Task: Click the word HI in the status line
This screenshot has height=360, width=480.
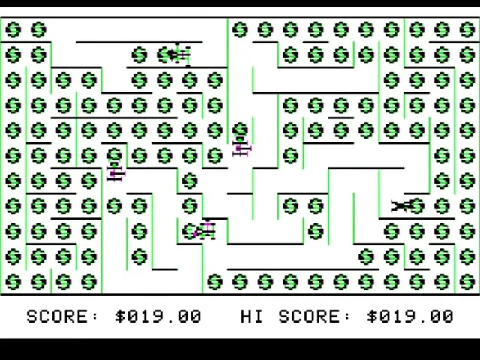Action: coord(252,316)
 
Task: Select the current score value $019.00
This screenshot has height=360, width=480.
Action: coord(158,316)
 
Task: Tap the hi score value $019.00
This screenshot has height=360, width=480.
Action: coord(410,316)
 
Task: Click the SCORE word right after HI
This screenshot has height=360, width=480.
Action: coord(309,316)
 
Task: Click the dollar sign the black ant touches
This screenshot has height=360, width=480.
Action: coord(417,205)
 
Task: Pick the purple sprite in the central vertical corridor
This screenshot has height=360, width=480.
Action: coord(241,148)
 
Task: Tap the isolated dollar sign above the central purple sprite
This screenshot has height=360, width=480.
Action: coord(240,130)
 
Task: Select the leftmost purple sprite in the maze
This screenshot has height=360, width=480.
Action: coord(115,172)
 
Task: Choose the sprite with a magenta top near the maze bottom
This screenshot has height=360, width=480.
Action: coord(205,230)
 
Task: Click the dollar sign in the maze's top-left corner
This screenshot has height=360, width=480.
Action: coord(13,30)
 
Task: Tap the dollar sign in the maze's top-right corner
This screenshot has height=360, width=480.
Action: coord(467,30)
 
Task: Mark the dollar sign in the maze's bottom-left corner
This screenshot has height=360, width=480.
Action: coord(13,282)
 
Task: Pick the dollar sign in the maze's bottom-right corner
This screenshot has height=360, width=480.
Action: coord(467,282)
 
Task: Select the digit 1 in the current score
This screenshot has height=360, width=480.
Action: coord(145,316)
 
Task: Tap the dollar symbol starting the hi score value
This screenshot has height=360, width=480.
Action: coord(373,316)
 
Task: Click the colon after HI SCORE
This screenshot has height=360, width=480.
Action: coord(347,316)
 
